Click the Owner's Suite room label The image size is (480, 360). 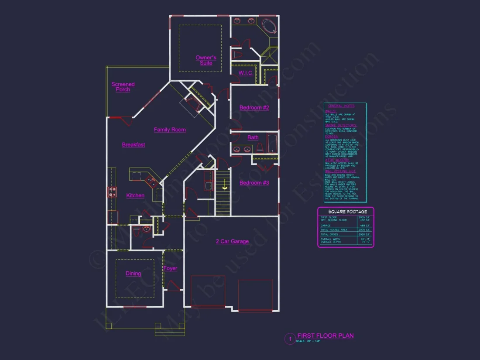click(x=206, y=60)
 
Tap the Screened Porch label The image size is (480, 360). click(x=123, y=87)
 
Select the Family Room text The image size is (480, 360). click(x=170, y=130)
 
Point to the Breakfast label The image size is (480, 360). click(x=134, y=145)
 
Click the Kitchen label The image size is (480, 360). click(x=135, y=195)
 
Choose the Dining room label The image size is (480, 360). click(x=134, y=274)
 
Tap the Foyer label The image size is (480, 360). click(x=170, y=268)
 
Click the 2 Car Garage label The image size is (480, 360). click(x=232, y=241)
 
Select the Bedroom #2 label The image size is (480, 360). click(x=254, y=108)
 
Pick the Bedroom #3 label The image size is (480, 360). click(x=254, y=183)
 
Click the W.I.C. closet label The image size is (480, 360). click(x=246, y=73)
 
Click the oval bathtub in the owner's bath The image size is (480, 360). click(x=269, y=26)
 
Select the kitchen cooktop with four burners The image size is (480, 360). click(x=112, y=192)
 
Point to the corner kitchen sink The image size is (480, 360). click(x=152, y=180)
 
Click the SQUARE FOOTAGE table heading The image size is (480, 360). click(x=346, y=212)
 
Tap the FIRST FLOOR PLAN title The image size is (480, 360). click(x=326, y=336)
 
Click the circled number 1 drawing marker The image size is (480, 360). click(x=290, y=339)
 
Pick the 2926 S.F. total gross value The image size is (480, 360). click(x=364, y=235)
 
